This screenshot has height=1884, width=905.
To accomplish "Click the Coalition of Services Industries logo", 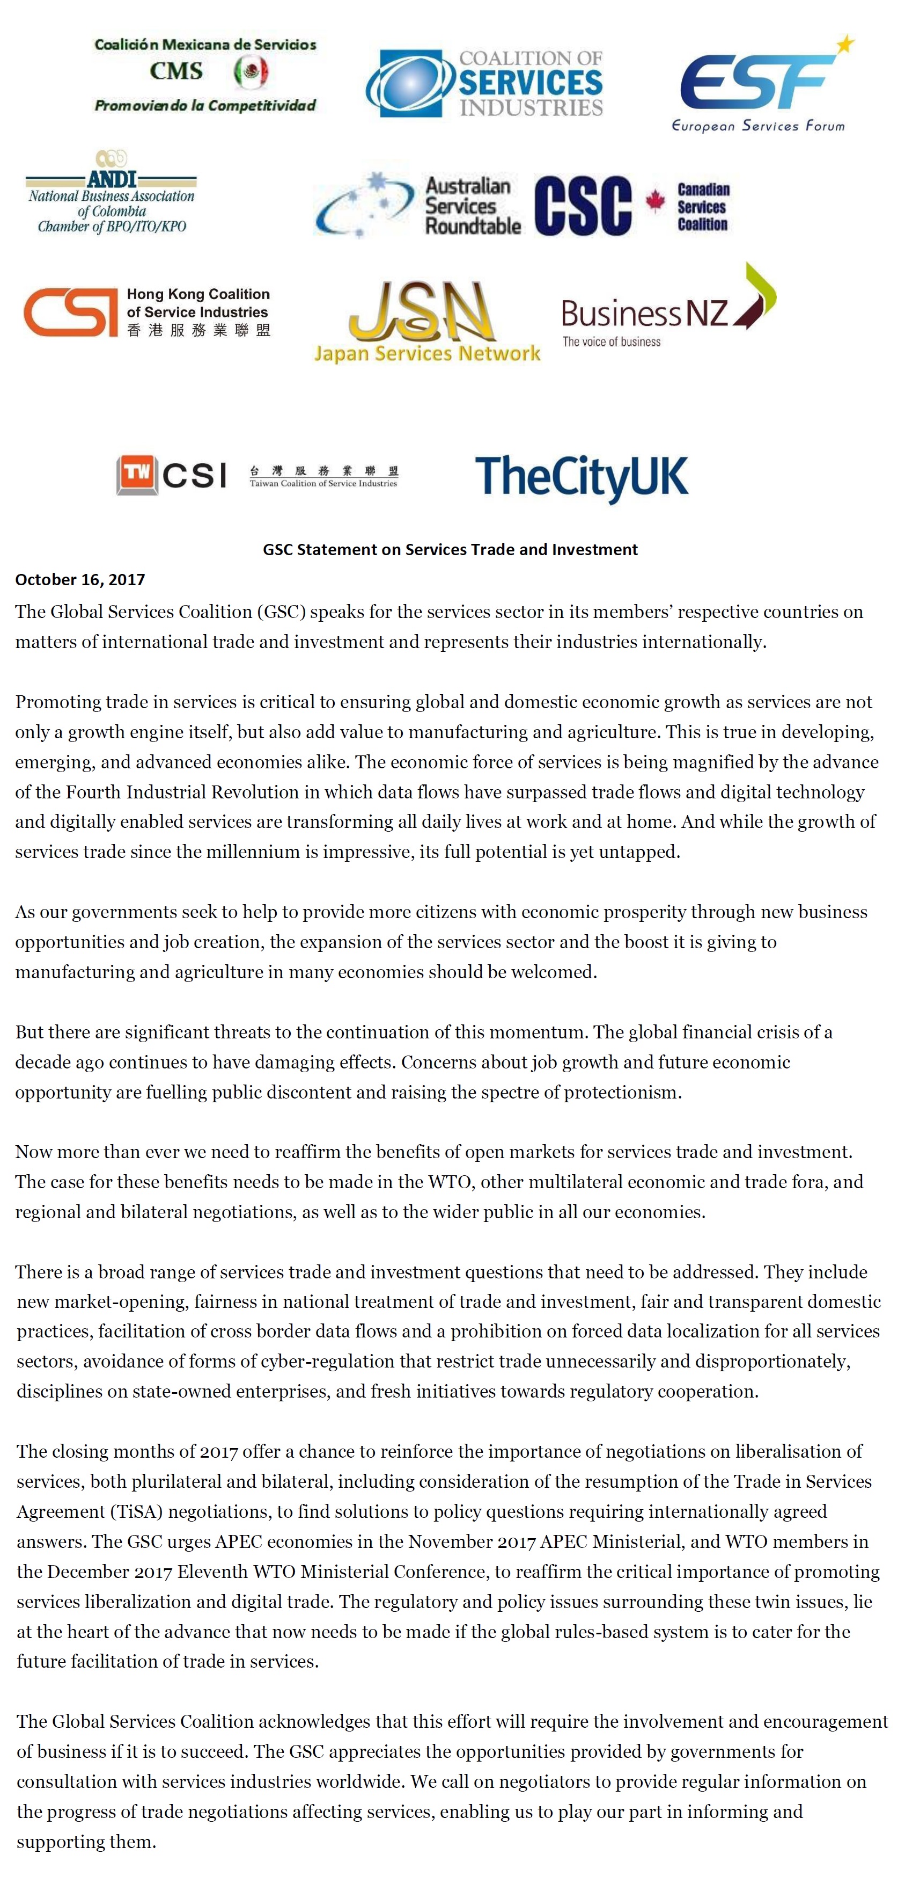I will pos(484,83).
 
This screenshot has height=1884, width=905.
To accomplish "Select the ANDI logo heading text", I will pos(111,178).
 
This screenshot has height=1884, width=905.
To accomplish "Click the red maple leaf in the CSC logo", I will pos(655,202).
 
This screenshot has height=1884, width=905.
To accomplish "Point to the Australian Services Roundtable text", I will pos(472,206).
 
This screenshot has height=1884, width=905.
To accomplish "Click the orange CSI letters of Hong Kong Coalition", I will pos(70,311).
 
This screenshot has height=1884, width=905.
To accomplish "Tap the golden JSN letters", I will pos(418,312).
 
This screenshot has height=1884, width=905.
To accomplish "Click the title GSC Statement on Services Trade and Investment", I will pos(450,549).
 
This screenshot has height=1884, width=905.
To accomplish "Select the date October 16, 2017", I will pos(80,579).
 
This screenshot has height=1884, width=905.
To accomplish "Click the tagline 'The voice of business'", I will pos(611,341).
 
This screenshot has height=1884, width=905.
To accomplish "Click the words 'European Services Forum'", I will pos(758,126).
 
